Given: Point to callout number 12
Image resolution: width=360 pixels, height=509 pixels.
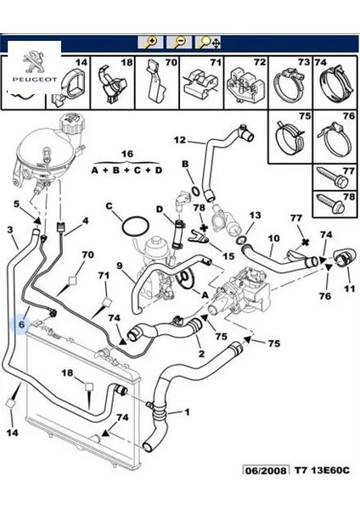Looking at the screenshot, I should click(180, 140).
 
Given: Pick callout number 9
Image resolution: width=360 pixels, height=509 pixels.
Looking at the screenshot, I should click(120, 266).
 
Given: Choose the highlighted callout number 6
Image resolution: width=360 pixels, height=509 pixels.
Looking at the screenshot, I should click(23, 323).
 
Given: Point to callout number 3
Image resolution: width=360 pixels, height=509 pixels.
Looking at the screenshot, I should click(9, 230).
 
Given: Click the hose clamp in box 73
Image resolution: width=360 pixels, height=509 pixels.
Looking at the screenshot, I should click(290, 87).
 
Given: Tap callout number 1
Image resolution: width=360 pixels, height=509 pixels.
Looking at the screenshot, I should click(186, 412).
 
